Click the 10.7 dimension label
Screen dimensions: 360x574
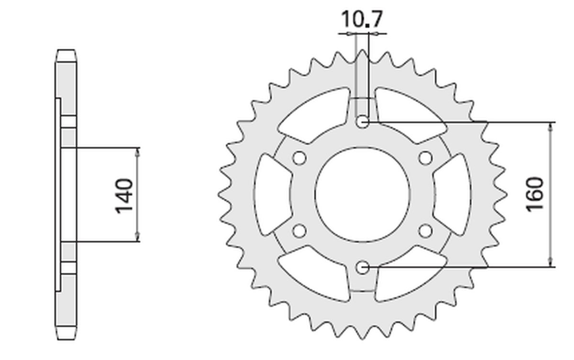coord(362,20)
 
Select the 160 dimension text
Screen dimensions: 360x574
coord(535,194)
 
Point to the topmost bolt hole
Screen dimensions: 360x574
coord(363,122)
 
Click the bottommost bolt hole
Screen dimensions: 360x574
coord(363,267)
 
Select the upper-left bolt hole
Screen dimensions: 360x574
coord(300,157)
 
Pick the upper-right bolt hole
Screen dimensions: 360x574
coord(425,157)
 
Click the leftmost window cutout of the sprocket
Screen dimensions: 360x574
coord(270,194)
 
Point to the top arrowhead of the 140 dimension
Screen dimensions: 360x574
coord(138,151)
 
